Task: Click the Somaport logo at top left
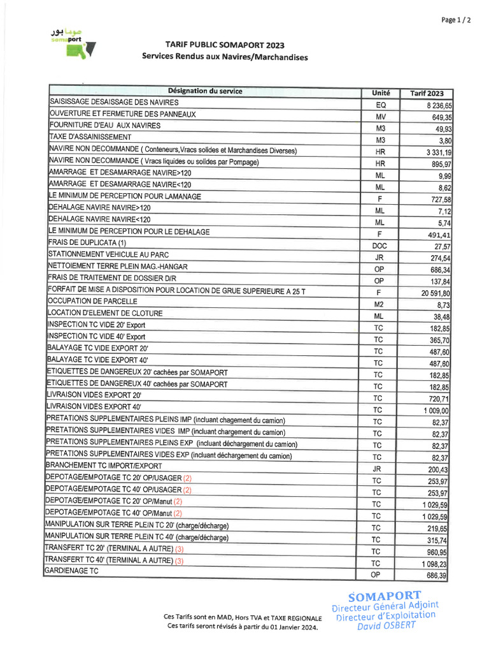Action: [73, 44]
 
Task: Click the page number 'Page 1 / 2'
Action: [456, 20]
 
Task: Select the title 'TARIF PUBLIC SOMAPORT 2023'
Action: [225, 45]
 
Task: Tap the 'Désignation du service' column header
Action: [205, 91]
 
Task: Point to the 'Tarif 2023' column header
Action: [427, 94]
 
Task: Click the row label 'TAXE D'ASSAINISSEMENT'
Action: [90, 137]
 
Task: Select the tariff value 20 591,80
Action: [436, 293]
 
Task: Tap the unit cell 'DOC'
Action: [379, 246]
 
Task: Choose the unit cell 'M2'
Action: [379, 304]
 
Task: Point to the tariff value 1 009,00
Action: [436, 411]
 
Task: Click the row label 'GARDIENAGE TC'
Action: [71, 571]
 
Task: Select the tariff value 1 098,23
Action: [436, 564]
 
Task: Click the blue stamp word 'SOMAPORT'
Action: [385, 596]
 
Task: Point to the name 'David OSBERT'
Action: [386, 625]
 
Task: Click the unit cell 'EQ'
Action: [381, 105]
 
